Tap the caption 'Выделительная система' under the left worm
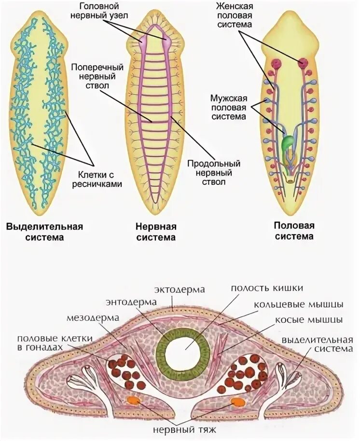click(x=44, y=232)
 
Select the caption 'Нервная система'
click(x=156, y=232)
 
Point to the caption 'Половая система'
click(x=293, y=231)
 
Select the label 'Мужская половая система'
click(x=229, y=107)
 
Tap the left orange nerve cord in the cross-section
click(x=131, y=400)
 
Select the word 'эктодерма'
click(x=180, y=289)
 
